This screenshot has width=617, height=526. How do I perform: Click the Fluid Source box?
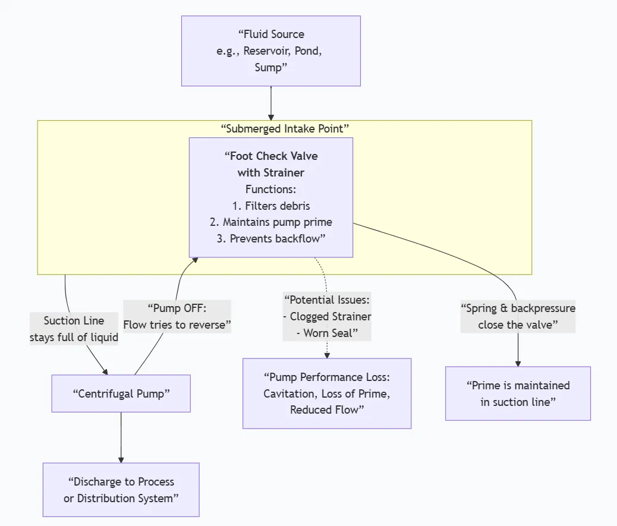(270, 51)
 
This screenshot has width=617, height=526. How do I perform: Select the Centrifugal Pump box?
(121, 393)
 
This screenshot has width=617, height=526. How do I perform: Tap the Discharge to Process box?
(121, 490)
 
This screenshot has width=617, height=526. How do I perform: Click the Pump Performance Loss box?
(327, 393)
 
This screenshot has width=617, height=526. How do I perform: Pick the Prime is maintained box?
(518, 393)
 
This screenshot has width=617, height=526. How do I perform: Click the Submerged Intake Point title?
(284, 128)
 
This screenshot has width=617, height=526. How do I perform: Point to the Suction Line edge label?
(74, 329)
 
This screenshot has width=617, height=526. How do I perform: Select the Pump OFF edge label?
(177, 317)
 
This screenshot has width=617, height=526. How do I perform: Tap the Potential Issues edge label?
(327, 316)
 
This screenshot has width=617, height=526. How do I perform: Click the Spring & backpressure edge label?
(518, 317)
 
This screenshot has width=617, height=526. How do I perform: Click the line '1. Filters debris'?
(271, 206)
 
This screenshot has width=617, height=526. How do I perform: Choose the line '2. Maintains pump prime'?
(271, 222)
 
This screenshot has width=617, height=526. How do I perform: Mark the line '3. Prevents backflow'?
(271, 238)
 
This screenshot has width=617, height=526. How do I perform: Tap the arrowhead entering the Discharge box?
(121, 459)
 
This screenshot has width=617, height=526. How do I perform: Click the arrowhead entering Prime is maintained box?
(518, 363)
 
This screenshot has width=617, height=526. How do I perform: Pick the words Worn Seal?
(330, 333)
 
